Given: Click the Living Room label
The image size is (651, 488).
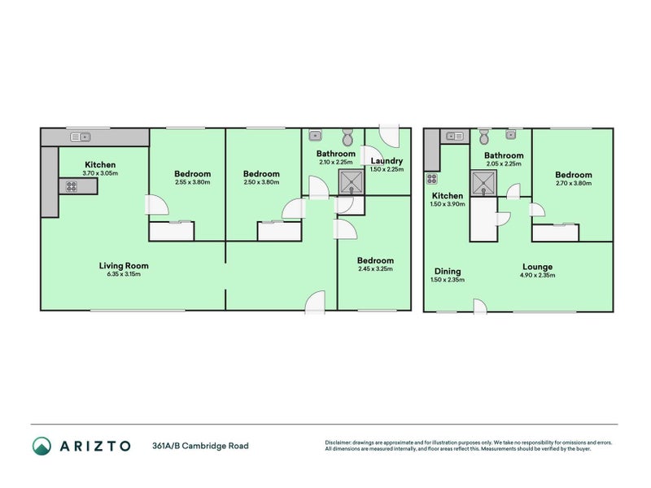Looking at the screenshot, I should pos(124,265).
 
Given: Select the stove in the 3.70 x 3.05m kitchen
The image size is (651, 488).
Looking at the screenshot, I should pos(72,185).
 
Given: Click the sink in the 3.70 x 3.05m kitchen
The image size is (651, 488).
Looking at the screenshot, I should pos(80,136).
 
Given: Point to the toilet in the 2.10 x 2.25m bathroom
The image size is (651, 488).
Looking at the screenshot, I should pos(347,136).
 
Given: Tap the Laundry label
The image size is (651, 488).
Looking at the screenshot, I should pos(387,161).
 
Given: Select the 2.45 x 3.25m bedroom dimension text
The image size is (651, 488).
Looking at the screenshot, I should pos(375,268).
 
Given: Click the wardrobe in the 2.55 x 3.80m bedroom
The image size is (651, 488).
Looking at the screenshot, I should pos(172,232).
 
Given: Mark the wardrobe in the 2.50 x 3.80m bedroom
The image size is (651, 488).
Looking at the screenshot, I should pos(281,232).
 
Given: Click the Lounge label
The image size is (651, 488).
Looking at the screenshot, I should pos(538,266).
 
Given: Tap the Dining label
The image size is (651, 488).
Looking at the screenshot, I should pos(447,272).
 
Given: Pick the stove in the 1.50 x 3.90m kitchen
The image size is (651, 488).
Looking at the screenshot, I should pos(431,179).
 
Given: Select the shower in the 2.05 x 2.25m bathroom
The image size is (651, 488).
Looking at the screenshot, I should pos(482,183).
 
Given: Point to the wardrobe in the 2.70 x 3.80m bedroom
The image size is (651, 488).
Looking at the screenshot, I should pos(556,233).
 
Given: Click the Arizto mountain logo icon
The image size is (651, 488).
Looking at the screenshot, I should pos(42,446).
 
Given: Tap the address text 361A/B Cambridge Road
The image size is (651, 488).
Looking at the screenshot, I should pos(200,446).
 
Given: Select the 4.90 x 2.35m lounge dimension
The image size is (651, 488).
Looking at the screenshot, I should pos(538,275).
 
